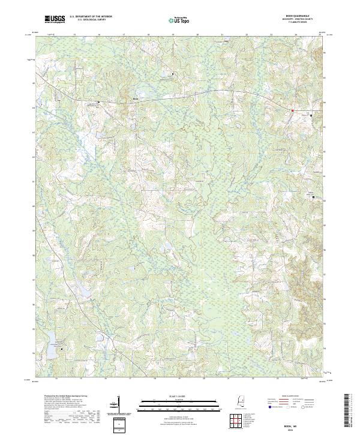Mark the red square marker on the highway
pyautogui.click(x=292, y=110)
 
